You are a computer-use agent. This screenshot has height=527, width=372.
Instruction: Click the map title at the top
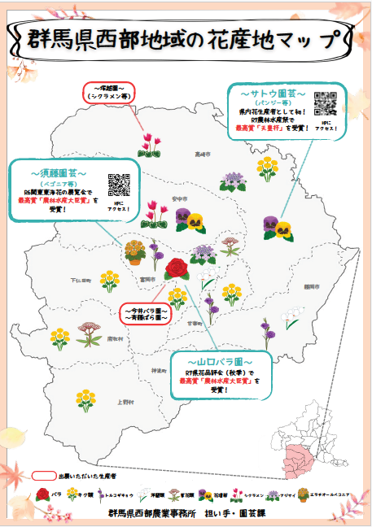[x=186, y=38]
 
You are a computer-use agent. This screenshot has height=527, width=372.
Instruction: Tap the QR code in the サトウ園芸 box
[x=325, y=102]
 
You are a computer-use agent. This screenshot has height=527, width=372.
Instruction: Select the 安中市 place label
[x=179, y=198]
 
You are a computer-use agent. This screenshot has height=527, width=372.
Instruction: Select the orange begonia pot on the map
[x=135, y=252]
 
